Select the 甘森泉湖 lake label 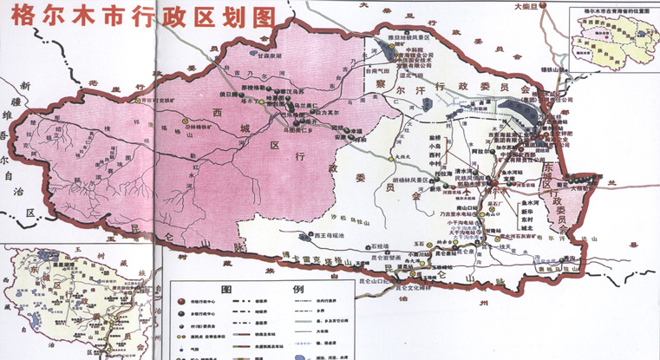click(247, 55)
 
